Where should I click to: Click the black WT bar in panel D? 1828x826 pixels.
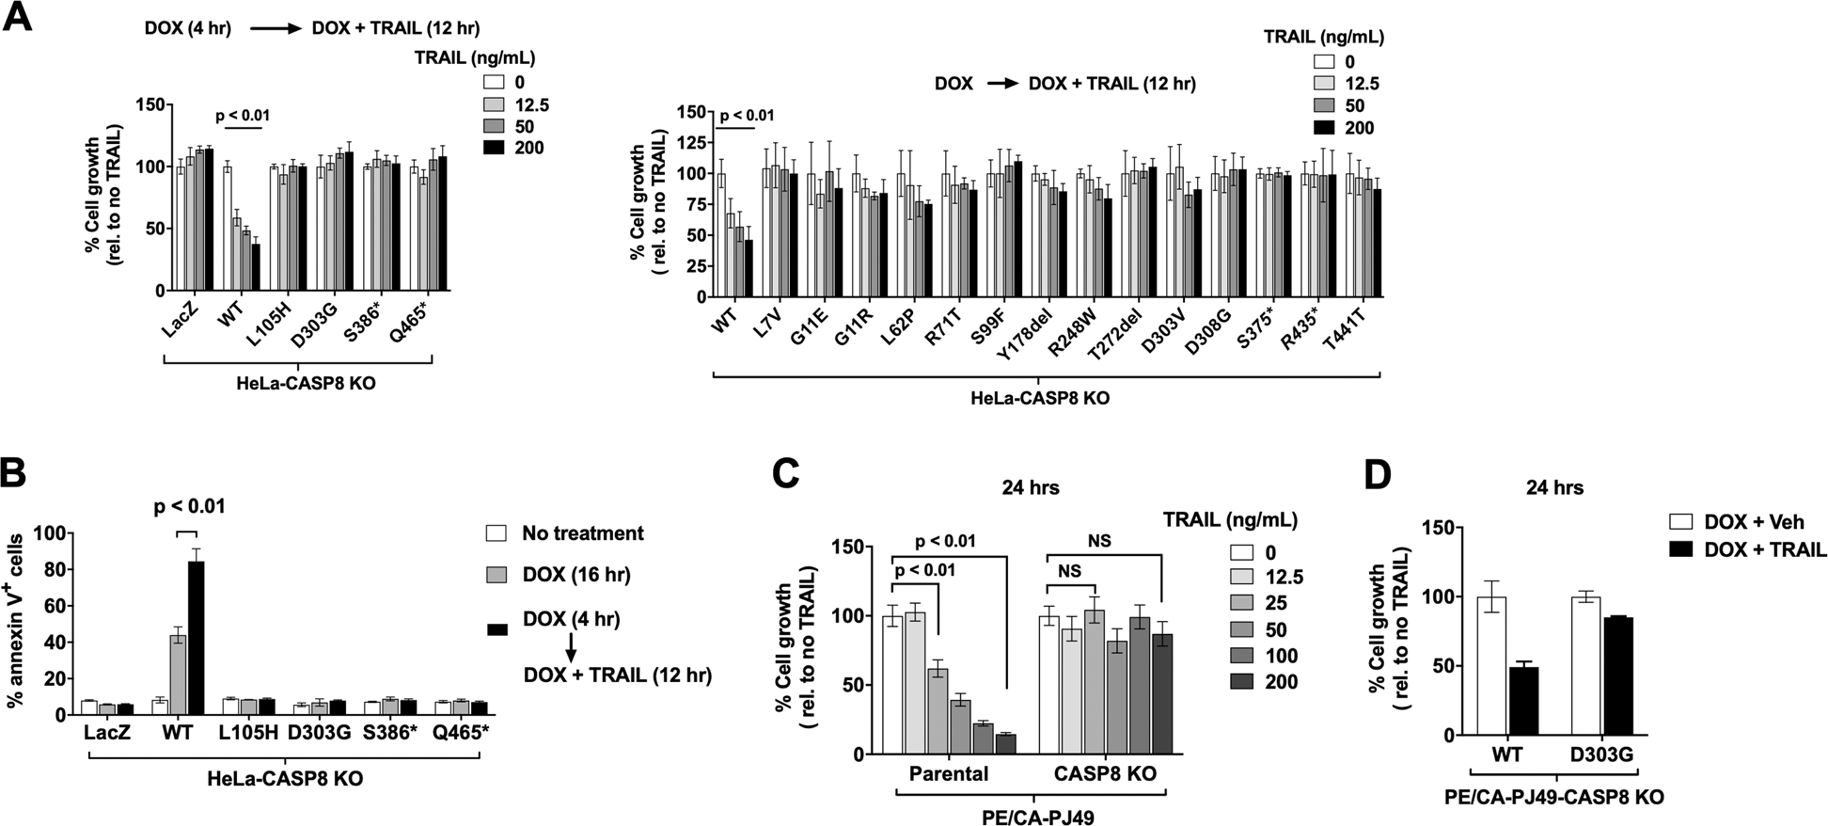(x=1523, y=700)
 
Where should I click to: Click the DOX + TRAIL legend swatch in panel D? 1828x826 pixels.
(x=1681, y=550)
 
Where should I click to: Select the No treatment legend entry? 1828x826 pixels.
(x=582, y=533)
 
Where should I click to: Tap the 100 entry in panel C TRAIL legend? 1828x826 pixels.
(x=1281, y=656)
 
